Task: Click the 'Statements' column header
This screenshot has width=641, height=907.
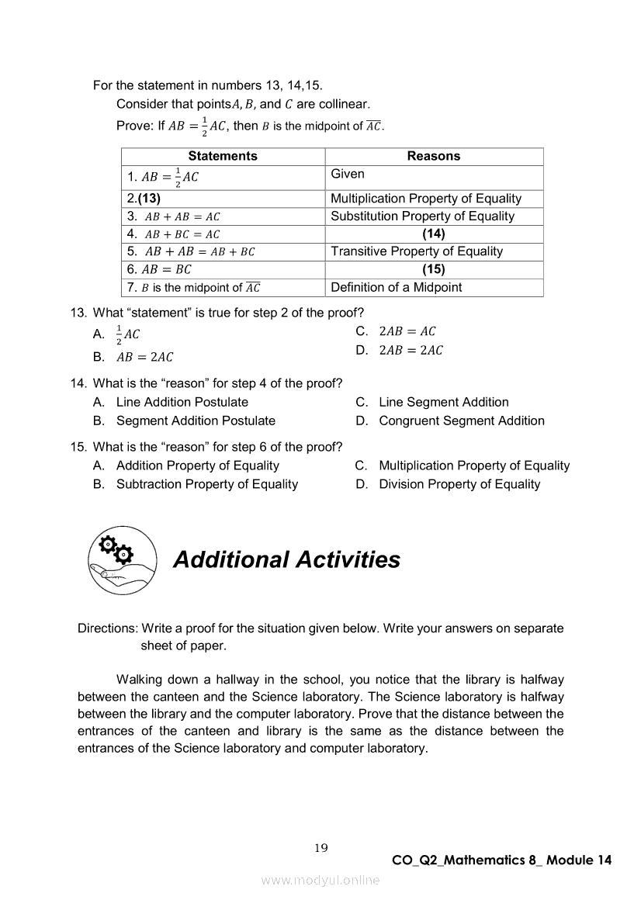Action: (x=223, y=156)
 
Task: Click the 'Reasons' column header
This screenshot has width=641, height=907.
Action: (x=434, y=156)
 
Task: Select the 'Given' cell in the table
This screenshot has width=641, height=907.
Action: (x=348, y=174)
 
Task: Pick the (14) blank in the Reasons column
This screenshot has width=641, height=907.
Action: (x=434, y=234)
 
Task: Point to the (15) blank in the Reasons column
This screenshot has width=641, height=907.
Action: (x=434, y=269)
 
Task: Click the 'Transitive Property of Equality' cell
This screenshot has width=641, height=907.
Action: (x=417, y=251)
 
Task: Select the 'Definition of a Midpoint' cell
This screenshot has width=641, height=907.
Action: (x=396, y=287)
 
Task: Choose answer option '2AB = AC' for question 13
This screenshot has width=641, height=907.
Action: (x=407, y=331)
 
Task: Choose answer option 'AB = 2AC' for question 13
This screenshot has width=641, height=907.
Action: (x=144, y=358)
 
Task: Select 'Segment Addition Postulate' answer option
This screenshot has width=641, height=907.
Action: (x=196, y=421)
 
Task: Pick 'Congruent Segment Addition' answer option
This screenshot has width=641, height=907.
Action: (x=462, y=421)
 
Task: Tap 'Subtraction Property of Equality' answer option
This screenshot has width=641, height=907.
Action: (x=207, y=484)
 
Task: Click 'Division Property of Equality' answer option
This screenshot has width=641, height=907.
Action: (x=459, y=484)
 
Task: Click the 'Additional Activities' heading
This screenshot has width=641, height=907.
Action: (x=286, y=559)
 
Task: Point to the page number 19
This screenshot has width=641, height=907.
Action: (x=321, y=848)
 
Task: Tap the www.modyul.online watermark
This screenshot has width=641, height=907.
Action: (x=320, y=880)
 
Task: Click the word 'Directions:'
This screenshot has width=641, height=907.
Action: (x=108, y=628)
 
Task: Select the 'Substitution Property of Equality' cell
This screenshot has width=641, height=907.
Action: (x=422, y=216)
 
